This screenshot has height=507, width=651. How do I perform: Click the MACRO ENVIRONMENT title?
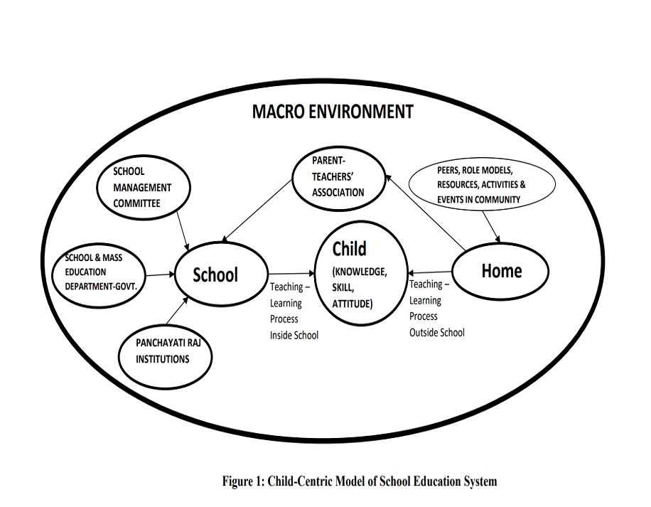pos(333,112)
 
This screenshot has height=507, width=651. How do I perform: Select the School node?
pos(215,274)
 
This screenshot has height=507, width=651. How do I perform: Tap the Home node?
pos(502,270)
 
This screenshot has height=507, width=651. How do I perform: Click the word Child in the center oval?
pos(350,249)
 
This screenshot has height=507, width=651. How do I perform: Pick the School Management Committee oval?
pos(142,187)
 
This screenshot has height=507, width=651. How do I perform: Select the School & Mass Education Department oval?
pos(100,272)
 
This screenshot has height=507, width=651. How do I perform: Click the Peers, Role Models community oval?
pos(483,185)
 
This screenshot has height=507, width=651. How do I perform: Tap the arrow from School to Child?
pos(291,273)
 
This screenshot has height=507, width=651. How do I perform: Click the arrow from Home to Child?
pos(429,272)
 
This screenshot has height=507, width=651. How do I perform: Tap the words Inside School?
pos(294,335)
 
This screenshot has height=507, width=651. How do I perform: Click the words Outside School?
pos(437,332)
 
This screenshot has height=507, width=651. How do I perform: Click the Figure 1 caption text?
pos(360,481)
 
